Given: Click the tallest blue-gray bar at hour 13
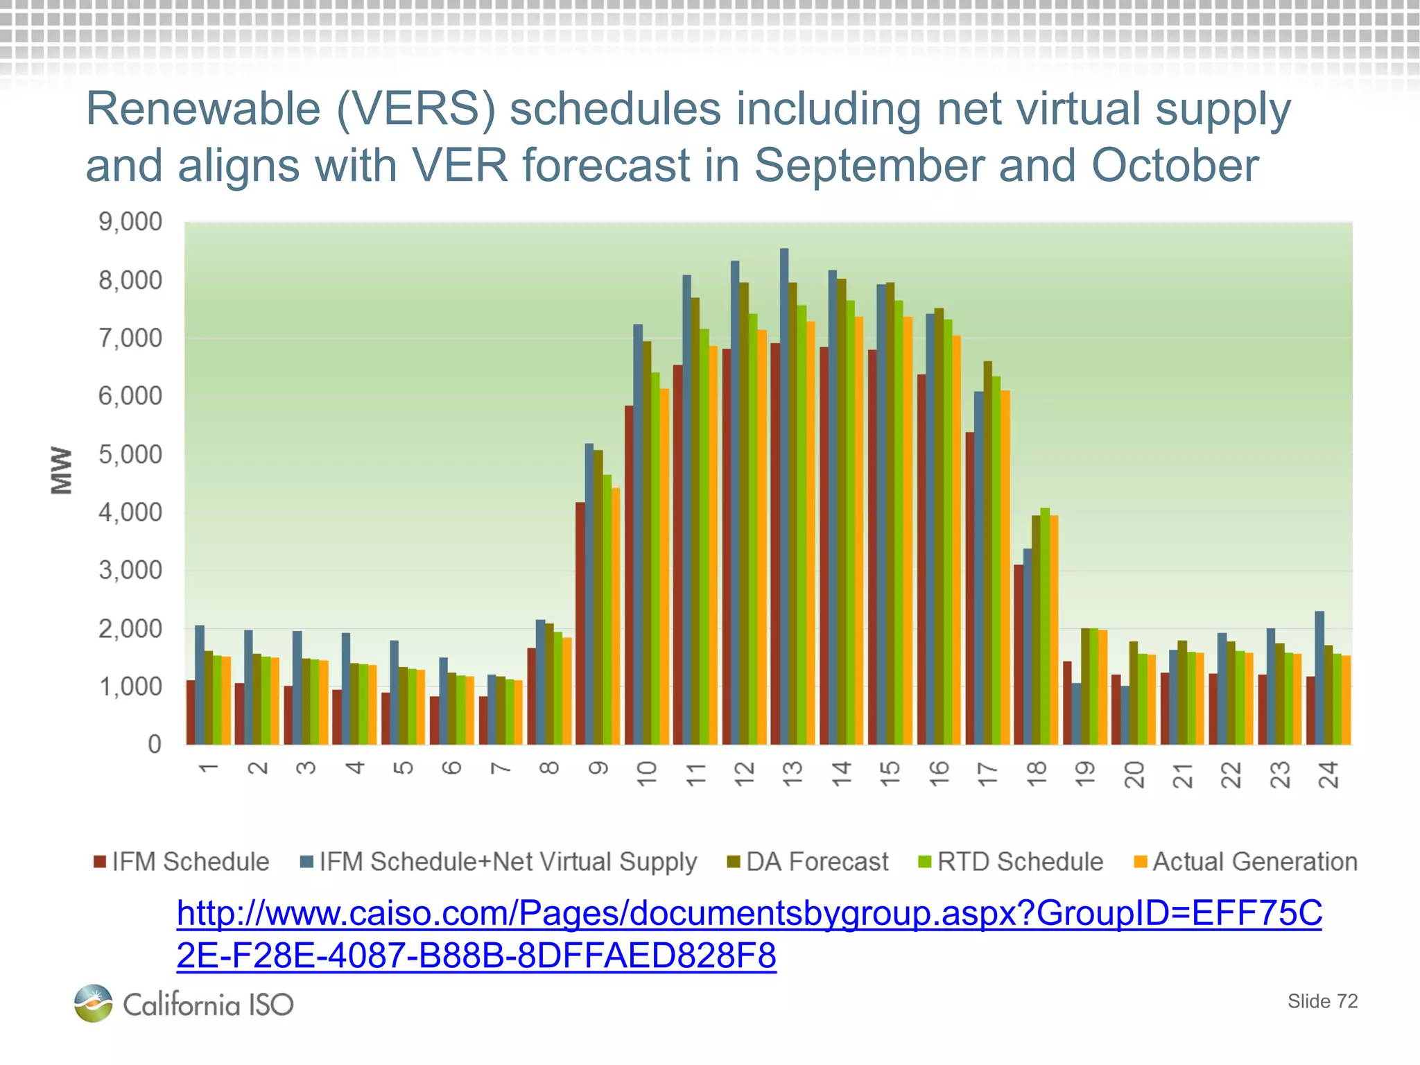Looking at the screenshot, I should coord(784,496).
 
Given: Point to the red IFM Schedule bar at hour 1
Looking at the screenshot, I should coord(191,712).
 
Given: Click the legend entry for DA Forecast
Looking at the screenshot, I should coord(808,862).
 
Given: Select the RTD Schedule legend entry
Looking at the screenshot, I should coord(1010,862).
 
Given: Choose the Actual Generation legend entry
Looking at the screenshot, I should coord(1245,862).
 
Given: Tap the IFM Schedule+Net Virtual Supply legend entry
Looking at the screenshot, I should coord(499,862).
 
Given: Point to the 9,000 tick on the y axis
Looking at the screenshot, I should coord(130,223).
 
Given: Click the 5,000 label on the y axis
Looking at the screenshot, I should coord(130,455).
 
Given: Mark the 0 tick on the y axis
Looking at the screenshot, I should coord(154,745).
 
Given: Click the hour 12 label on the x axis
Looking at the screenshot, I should coord(744,774).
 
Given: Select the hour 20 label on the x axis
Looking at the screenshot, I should coord(1134,774).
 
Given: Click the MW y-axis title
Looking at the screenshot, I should coord(62,470).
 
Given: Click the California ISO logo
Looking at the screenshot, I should coord(184,1003).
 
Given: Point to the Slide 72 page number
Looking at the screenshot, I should coord(1322,1001).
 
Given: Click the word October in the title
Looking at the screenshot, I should coord(1175,166).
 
